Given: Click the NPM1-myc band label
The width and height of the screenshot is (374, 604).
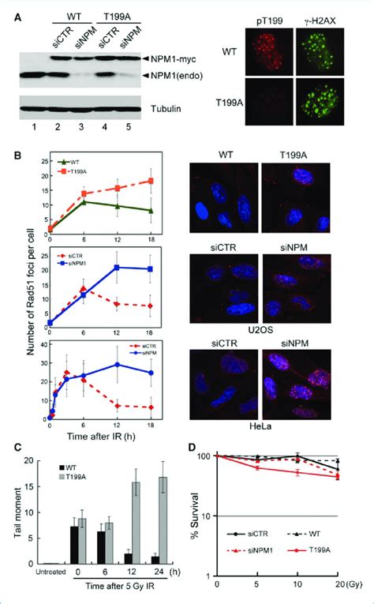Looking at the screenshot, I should point(176,58).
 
